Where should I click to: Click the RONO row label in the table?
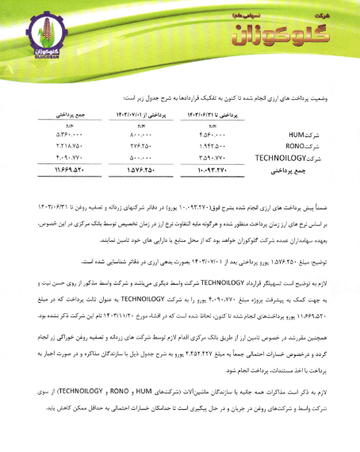click(x=305, y=147)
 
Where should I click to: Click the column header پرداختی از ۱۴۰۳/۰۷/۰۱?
click(x=134, y=113)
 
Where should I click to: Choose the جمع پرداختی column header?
click(x=58, y=113)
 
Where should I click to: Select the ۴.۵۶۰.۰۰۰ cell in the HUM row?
click(x=212, y=136)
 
